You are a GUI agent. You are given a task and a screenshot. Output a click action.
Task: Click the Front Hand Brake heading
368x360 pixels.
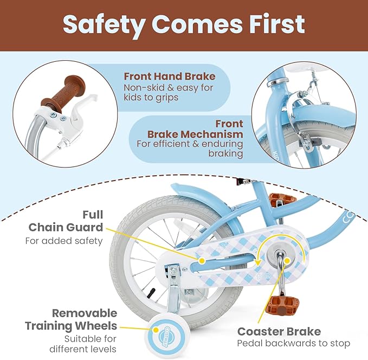(169, 76)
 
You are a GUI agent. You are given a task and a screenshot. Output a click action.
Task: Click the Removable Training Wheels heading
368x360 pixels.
(71, 319)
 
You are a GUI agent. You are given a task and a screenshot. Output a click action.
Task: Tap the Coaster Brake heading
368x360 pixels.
(279, 331)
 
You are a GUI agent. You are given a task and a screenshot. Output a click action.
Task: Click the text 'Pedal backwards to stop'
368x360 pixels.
(293, 343)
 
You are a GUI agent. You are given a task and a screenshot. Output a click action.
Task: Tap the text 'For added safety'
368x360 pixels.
(64, 240)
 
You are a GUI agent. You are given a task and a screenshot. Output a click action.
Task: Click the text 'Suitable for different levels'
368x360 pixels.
(90, 344)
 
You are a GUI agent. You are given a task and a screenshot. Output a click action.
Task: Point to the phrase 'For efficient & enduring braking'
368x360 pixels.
(189, 149)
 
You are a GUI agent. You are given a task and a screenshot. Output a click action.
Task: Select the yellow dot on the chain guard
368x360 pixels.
(202, 261)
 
